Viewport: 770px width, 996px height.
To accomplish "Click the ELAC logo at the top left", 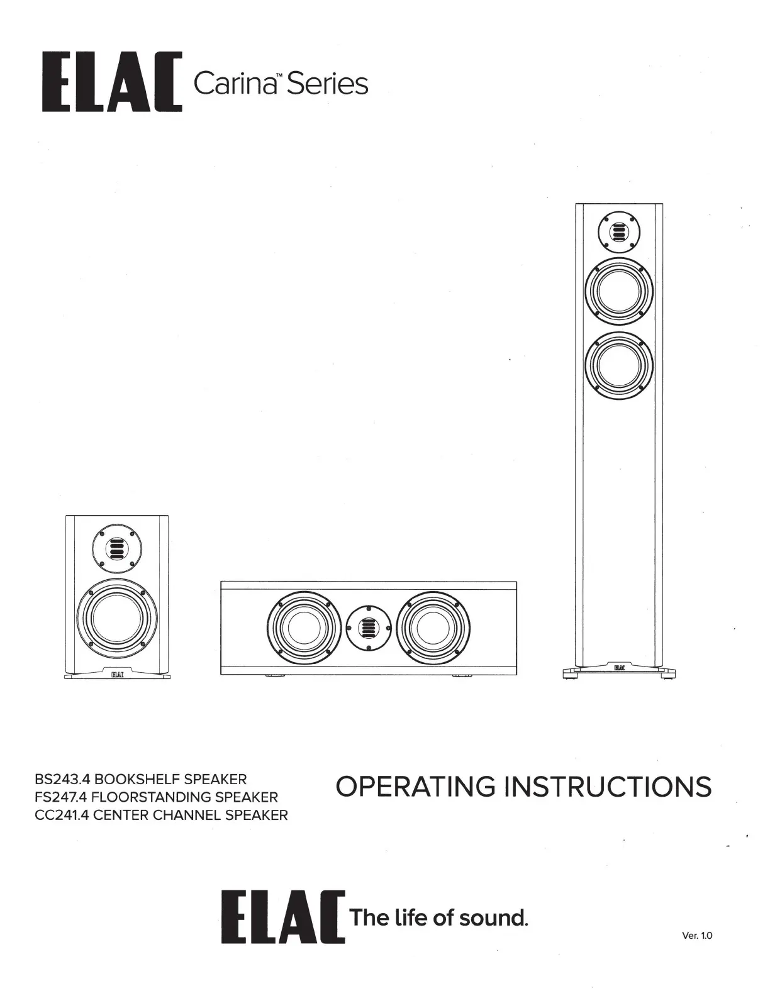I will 112,83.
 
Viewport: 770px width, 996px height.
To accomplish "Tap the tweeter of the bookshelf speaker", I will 116,550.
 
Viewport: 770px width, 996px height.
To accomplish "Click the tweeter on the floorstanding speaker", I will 619,234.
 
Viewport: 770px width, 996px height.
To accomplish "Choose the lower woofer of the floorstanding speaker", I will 619,366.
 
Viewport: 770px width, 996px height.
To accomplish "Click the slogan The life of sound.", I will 438,918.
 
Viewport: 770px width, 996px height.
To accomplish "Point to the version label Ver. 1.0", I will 697,936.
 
